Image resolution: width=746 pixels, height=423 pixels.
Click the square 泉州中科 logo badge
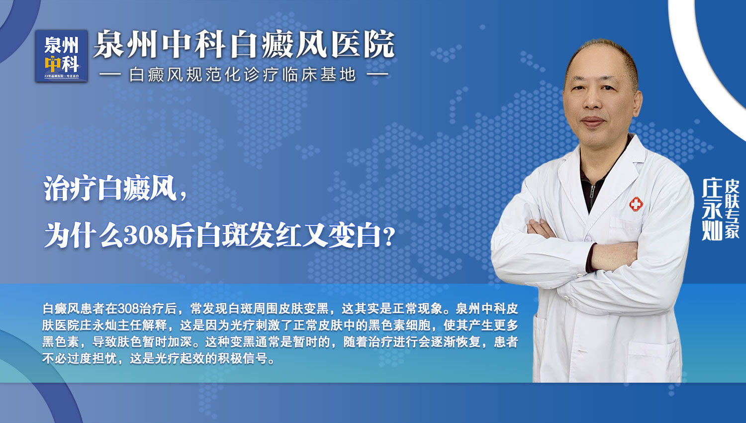[62, 56]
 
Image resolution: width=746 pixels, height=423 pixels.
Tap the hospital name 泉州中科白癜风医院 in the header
[244, 44]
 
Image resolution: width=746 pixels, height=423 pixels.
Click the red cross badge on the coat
[636, 204]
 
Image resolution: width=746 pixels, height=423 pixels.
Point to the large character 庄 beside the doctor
[712, 188]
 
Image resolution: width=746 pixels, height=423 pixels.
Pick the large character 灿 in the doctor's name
[712, 230]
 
